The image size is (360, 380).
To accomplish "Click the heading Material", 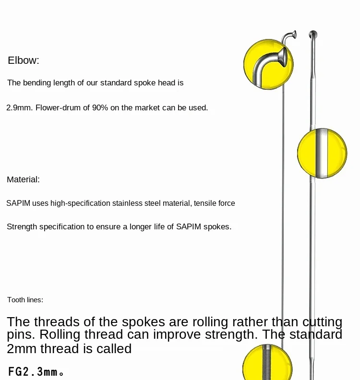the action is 23,179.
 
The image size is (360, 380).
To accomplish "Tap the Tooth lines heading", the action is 25,300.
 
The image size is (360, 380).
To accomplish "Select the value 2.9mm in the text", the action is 19,108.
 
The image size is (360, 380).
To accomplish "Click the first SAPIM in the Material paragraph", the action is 18,203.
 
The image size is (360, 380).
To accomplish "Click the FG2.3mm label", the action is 36,372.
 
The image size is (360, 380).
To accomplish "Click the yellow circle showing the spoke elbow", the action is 269,63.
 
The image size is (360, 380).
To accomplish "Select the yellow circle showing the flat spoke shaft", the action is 322,153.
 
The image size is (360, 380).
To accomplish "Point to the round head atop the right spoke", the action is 313,34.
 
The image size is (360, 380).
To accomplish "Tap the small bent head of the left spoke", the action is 289,36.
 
